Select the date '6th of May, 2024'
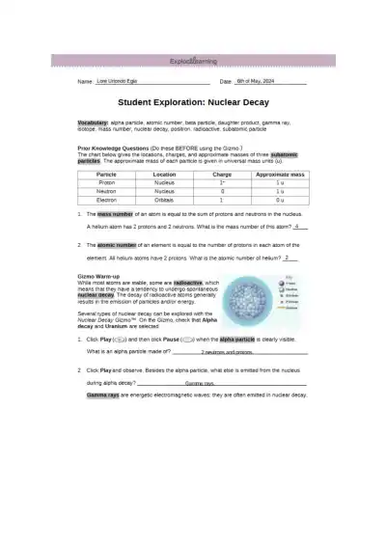(x=256, y=81)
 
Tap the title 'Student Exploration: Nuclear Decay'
(x=192, y=100)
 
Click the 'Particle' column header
(x=107, y=174)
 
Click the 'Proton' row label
(x=107, y=182)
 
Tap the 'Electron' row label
(x=107, y=200)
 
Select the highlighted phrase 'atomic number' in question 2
(x=117, y=246)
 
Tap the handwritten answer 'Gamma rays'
(x=200, y=383)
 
